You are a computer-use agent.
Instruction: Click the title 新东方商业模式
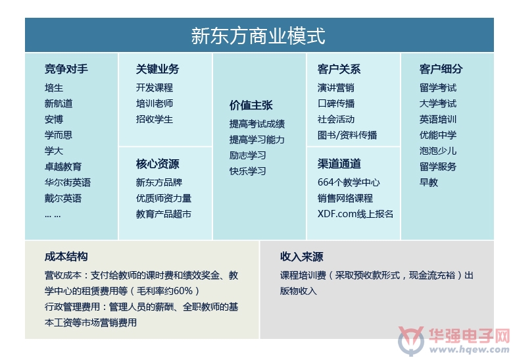258,36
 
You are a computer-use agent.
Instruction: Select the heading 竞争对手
66,69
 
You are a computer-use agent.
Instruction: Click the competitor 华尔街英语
67,182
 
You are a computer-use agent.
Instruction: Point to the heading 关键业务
157,69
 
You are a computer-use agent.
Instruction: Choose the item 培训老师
154,103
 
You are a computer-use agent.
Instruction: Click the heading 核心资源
157,164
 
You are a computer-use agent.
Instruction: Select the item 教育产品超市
163,214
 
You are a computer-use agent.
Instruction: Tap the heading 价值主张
251,105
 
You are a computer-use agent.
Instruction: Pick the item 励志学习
248,155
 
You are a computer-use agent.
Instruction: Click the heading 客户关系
339,69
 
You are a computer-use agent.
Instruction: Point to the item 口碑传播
336,103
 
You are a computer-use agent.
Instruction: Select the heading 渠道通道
339,164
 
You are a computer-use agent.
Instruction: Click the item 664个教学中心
349,182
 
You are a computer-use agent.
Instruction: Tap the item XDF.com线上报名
355,214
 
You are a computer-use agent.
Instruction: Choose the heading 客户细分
441,69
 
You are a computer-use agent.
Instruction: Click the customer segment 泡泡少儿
438,151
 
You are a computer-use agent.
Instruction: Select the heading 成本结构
66,257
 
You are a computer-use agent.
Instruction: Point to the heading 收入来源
301,257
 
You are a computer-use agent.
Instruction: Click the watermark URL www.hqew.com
469,349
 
